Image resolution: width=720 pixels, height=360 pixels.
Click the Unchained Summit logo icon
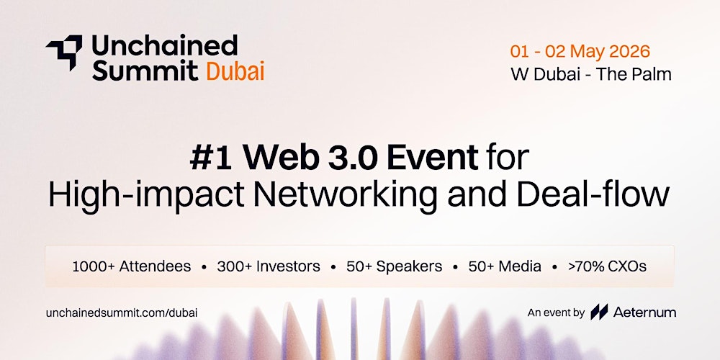(x=64, y=52)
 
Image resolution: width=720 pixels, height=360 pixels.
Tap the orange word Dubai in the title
(x=235, y=71)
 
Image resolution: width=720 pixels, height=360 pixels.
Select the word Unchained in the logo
(x=164, y=45)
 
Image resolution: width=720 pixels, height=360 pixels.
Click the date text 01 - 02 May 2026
(x=580, y=51)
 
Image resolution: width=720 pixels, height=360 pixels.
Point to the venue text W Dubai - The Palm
(x=591, y=74)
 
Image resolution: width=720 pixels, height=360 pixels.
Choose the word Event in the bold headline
(x=432, y=158)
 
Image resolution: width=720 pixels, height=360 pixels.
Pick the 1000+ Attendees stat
(x=132, y=266)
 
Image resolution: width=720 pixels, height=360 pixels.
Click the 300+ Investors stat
(x=269, y=266)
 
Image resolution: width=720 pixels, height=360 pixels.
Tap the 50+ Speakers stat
(x=394, y=266)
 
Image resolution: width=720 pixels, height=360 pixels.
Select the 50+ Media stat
(x=505, y=266)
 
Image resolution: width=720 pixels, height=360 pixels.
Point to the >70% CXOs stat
(x=607, y=266)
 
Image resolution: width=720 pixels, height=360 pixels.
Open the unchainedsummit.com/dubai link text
(x=122, y=313)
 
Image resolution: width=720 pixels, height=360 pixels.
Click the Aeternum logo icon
(x=599, y=312)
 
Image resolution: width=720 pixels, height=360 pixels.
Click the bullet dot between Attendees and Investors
(x=204, y=267)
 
